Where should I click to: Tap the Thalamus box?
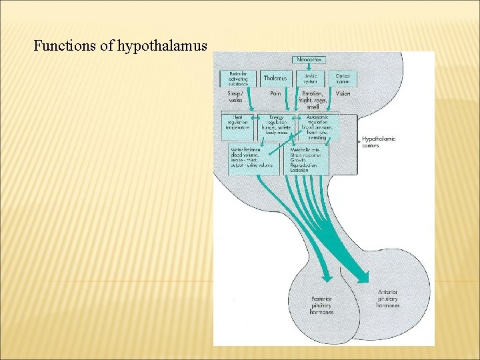275,79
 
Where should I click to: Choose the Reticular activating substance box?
238,79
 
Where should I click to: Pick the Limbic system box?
310,79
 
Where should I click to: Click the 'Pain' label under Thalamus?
275,94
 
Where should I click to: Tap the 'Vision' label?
343,94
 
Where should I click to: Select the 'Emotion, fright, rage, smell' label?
312,100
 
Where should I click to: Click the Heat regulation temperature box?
237,126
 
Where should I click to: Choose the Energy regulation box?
276,125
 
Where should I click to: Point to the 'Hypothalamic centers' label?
378,142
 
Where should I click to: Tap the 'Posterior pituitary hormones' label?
322,305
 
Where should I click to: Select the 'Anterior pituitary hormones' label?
389,297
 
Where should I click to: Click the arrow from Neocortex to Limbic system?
310,68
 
